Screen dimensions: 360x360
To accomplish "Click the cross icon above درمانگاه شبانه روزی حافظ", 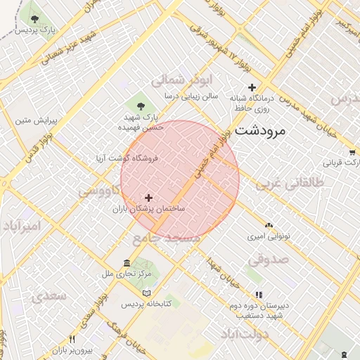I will (x=242, y=87).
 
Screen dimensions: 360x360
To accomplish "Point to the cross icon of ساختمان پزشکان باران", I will (x=148, y=198).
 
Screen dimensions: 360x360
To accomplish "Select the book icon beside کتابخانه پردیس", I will (x=146, y=293).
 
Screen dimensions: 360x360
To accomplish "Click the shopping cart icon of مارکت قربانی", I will (x=352, y=152).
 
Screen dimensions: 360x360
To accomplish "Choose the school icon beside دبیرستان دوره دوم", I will (x=259, y=295).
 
